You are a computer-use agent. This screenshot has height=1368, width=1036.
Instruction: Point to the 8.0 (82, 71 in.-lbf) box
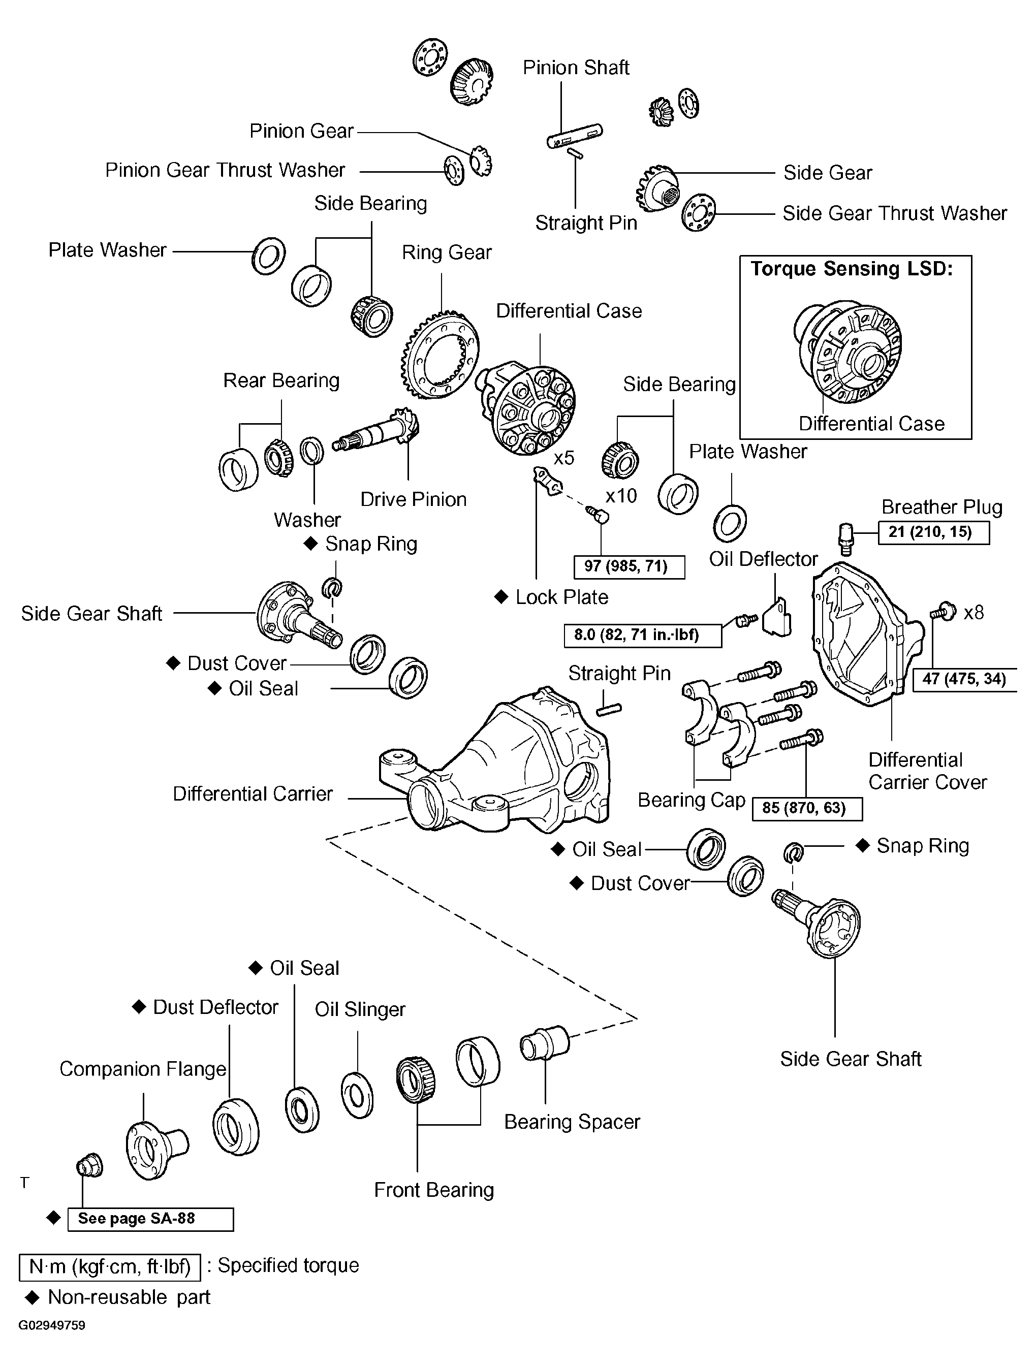point(643,636)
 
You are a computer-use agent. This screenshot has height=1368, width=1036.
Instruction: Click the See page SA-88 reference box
point(150,1219)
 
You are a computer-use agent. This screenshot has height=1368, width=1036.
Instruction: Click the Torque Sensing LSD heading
point(852,269)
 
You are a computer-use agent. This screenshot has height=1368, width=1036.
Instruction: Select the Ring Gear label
point(447,252)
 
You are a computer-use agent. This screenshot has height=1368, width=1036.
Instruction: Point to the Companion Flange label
point(143,1069)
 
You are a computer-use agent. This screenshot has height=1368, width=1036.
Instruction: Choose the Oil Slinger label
point(360,1009)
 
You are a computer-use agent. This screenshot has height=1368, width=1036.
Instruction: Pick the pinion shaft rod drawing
point(575,136)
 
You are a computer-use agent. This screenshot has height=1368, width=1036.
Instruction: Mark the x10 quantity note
point(621,496)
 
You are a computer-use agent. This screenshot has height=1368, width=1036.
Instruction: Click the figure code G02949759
point(52,1325)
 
